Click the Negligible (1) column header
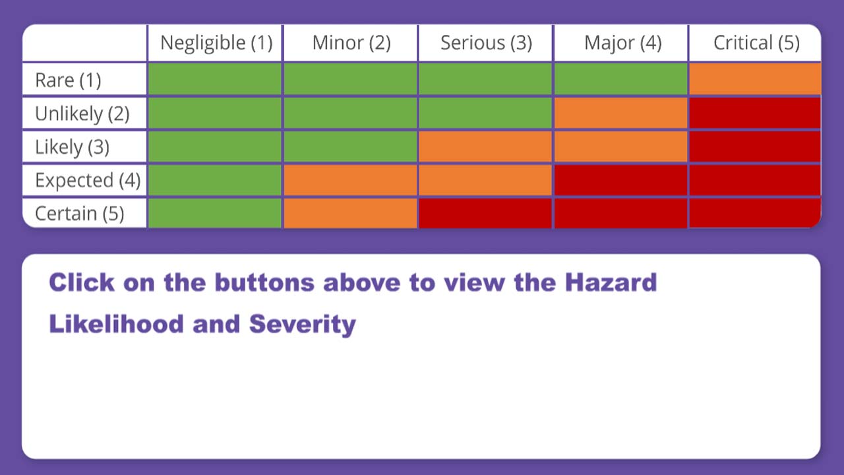point(216,43)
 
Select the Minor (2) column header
point(351,43)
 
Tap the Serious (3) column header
point(486,43)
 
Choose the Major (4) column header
point(622,43)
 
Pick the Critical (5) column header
point(756,43)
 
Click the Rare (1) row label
point(68,80)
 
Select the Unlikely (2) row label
point(82,113)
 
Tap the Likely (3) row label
point(72,146)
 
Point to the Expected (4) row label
point(88,180)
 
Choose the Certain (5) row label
point(79,213)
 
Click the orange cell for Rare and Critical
point(755,79)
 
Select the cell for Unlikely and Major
point(620,113)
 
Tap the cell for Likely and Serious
point(485,146)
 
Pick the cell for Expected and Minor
point(350,180)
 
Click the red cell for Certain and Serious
point(485,213)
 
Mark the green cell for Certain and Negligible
point(215,213)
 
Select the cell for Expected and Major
point(620,180)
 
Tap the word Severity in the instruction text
point(302,324)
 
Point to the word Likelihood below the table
point(116,323)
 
